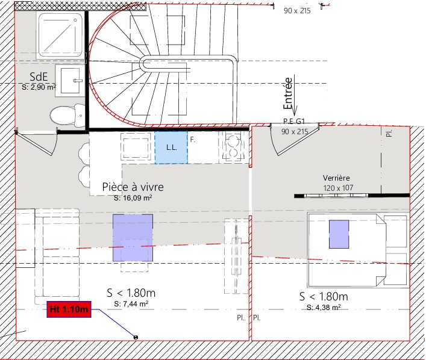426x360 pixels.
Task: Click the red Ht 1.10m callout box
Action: tap(69, 309)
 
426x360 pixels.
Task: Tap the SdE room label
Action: tap(39, 76)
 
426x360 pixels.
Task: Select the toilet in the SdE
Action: tap(68, 116)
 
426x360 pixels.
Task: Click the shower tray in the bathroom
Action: tap(60, 35)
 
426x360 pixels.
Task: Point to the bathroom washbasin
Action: tap(70, 80)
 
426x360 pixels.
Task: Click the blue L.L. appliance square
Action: tap(171, 147)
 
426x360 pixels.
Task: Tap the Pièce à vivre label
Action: tap(133, 187)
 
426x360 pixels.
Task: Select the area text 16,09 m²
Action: tap(133, 198)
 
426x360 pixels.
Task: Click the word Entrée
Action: tap(288, 94)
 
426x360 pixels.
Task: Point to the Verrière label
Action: tap(336, 178)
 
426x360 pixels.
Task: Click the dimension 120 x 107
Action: tap(338, 188)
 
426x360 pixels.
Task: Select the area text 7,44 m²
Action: tap(131, 304)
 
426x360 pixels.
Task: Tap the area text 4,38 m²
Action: tap(324, 308)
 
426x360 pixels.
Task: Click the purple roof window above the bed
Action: tap(339, 234)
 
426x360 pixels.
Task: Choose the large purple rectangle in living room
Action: tap(133, 238)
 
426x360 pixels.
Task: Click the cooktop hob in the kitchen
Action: tap(234, 147)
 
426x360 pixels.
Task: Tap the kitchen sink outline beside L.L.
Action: tap(136, 147)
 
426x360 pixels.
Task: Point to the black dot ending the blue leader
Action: tap(136, 337)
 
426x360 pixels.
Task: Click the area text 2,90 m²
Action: tap(39, 87)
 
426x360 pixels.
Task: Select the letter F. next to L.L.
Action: tap(193, 140)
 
